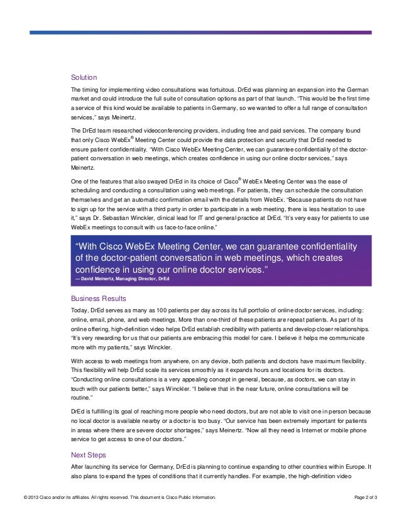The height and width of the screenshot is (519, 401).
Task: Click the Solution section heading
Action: point(84,78)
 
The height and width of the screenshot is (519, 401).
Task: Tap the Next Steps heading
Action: point(89,455)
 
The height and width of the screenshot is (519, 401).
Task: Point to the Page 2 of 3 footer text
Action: point(366,498)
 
